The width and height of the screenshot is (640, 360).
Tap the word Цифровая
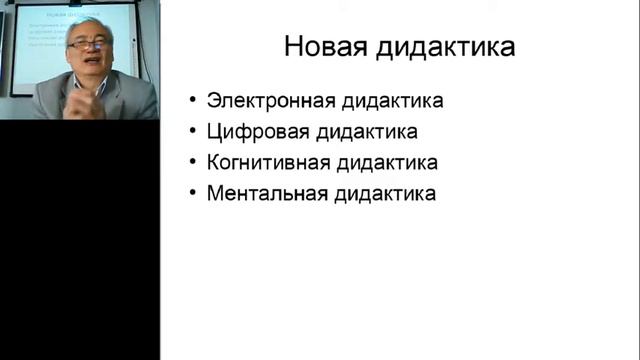(x=253, y=132)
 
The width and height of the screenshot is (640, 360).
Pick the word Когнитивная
(x=265, y=163)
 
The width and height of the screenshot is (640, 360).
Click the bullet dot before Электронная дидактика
(x=193, y=102)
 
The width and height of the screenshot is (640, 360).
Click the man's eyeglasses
(x=86, y=45)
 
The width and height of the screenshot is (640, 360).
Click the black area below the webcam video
(x=80, y=240)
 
